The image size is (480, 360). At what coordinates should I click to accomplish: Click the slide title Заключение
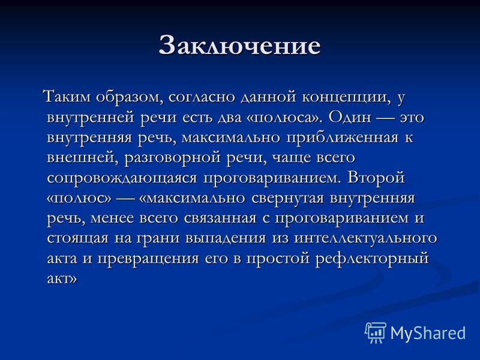pyautogui.click(x=239, y=46)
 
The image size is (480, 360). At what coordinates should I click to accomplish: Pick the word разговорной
pyautogui.click(x=172, y=158)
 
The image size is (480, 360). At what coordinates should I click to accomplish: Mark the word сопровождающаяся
pyautogui.click(x=122, y=178)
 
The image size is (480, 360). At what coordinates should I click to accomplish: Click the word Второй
pyautogui.click(x=376, y=178)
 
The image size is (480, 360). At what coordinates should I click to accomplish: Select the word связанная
pyautogui.click(x=220, y=218)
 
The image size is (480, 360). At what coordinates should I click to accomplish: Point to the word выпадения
pyautogui.click(x=226, y=239)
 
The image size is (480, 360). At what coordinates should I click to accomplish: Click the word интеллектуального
pyautogui.click(x=365, y=239)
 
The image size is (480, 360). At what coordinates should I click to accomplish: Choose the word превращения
pyautogui.click(x=148, y=259)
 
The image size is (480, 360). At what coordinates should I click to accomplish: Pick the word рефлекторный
pyautogui.click(x=371, y=259)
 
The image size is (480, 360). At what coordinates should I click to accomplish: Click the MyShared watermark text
pyautogui.click(x=428, y=333)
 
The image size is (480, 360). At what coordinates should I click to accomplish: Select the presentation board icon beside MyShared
pyautogui.click(x=376, y=332)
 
